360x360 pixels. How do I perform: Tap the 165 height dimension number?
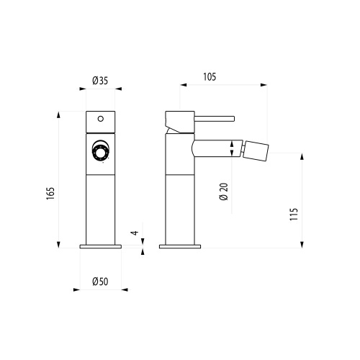tap(50, 195)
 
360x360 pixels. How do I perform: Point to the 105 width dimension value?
tap(210, 76)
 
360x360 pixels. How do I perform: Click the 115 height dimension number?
tap(294, 214)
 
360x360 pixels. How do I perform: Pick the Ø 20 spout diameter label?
tap(224, 192)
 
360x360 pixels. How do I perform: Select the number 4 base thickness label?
tap(134, 233)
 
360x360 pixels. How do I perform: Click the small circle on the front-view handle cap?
tap(100, 119)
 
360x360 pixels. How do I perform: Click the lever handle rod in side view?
tap(215, 117)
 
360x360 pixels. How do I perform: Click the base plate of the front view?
tap(100, 247)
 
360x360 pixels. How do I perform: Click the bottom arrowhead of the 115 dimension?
tap(302, 246)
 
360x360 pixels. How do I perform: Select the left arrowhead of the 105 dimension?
tap(182, 86)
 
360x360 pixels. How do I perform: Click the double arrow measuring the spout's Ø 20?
tap(231, 150)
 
